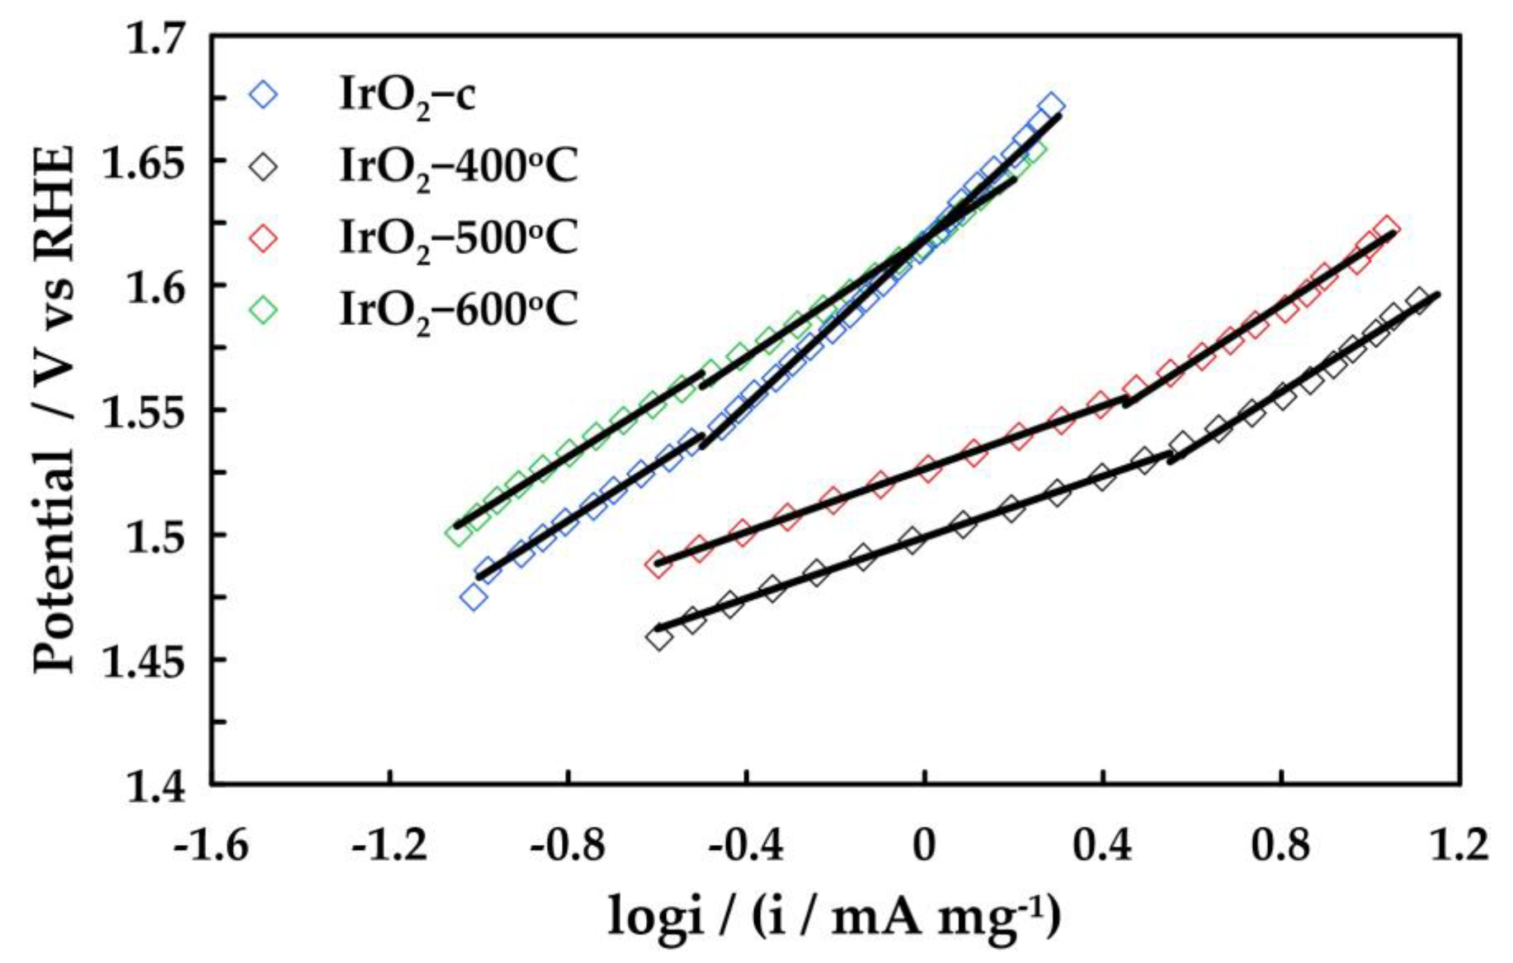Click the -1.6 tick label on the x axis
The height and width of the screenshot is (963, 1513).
click(211, 847)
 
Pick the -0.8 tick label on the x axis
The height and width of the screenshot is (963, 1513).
click(568, 847)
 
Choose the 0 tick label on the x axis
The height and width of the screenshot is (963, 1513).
click(924, 847)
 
